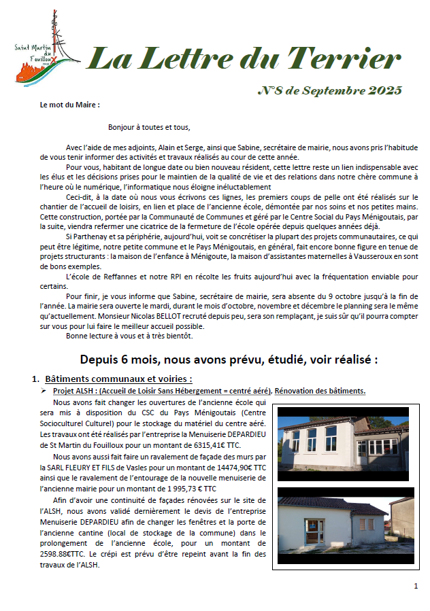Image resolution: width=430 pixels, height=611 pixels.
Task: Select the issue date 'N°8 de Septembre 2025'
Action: [330, 90]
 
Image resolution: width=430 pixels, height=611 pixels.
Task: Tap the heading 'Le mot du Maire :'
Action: [69, 105]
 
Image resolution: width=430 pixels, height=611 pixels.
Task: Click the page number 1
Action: [416, 586]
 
